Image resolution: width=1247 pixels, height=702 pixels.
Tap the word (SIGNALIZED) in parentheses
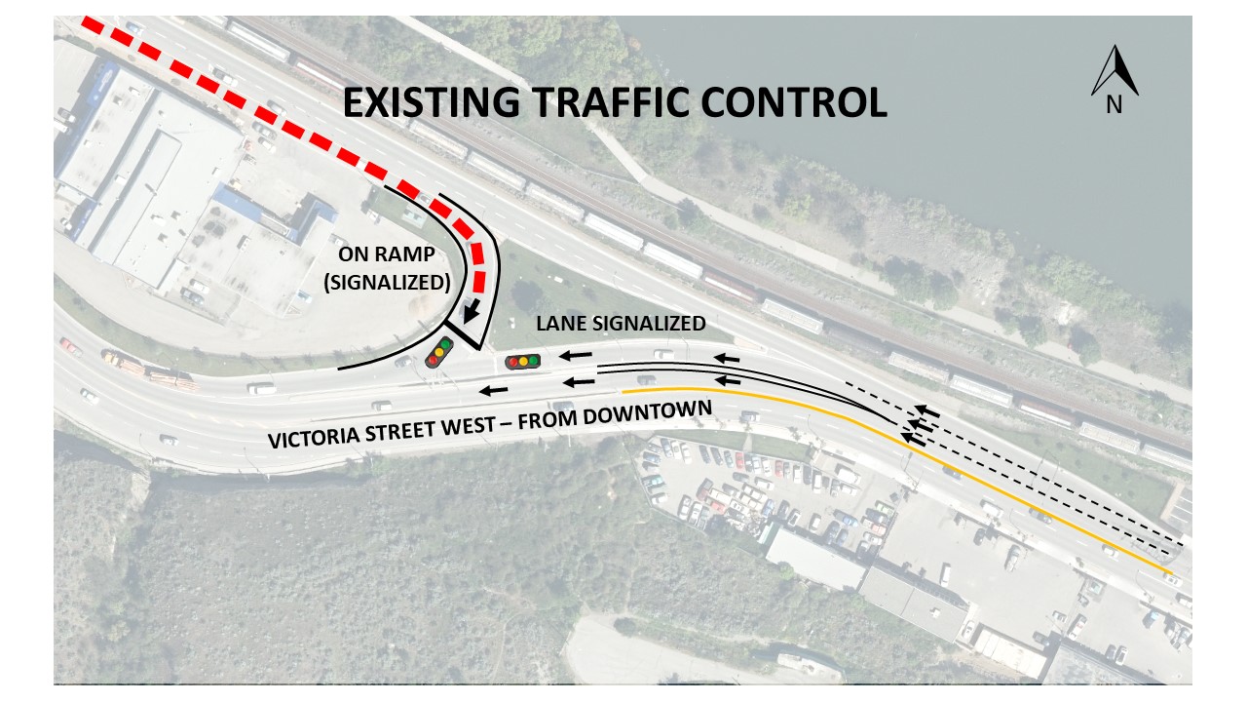(394, 285)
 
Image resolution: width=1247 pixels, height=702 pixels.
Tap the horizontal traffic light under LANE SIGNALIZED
(522, 362)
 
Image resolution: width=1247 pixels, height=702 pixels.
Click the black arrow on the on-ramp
(472, 311)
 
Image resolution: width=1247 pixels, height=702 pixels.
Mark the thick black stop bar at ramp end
(465, 334)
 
